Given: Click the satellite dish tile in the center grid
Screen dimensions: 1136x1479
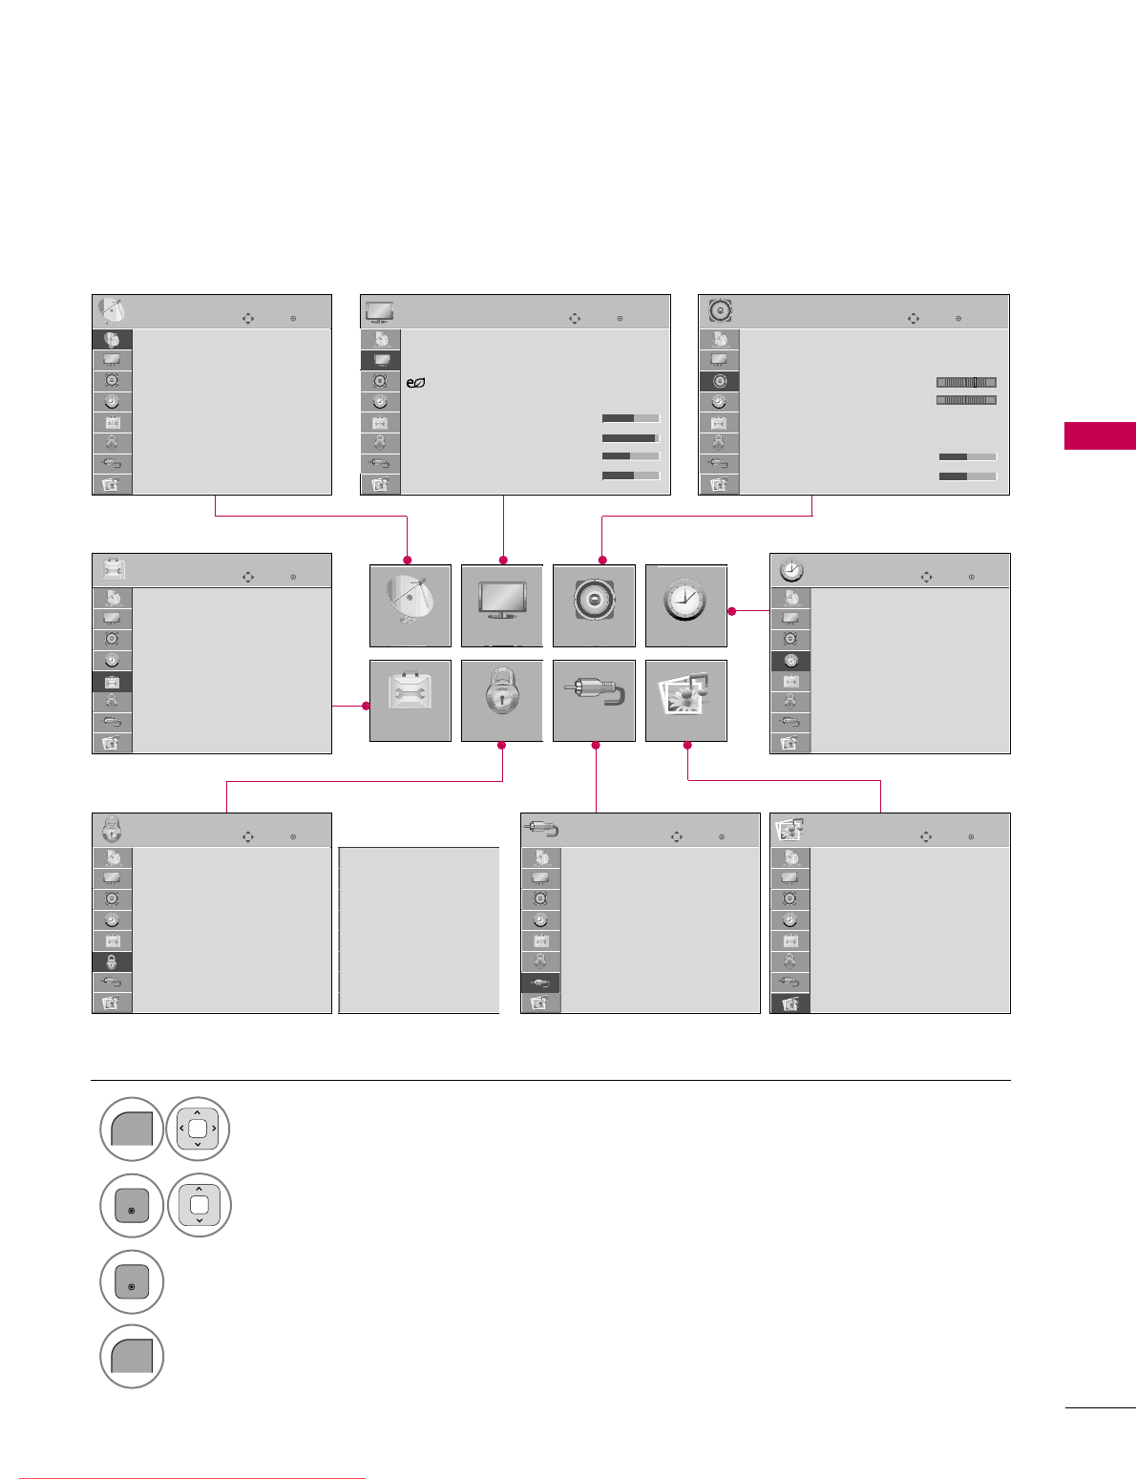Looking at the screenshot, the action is (x=410, y=605).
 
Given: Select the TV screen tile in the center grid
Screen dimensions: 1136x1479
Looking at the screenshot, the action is (x=501, y=605).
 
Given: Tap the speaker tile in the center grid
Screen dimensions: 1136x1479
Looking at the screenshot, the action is (x=594, y=605).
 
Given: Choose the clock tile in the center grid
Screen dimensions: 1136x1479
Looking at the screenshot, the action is (x=685, y=605).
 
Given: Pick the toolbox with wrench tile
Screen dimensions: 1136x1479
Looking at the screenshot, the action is (x=410, y=700).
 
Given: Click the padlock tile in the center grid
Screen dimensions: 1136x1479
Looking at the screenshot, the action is (x=501, y=700).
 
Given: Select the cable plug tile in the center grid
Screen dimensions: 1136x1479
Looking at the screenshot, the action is (x=594, y=700).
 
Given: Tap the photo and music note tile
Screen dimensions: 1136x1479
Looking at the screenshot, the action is (x=685, y=700).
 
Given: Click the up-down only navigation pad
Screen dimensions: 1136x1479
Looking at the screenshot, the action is (x=199, y=1205).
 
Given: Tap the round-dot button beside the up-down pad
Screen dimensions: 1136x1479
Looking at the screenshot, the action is (x=132, y=1205).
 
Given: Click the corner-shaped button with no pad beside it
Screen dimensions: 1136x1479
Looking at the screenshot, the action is (x=132, y=1357).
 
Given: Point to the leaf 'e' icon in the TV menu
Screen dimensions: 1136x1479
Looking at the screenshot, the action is (x=415, y=383).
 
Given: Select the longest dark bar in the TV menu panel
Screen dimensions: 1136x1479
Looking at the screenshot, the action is (x=630, y=438).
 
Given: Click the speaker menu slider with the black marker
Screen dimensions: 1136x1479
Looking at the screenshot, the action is (x=966, y=382).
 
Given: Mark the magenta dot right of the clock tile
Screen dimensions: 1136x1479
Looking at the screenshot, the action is (x=730, y=611).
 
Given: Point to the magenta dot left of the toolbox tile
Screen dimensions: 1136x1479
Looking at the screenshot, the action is (x=366, y=706).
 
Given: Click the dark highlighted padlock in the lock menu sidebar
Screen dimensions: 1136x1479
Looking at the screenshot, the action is (x=112, y=961).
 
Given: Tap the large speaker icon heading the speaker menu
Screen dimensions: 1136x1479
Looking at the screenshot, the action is (x=720, y=311).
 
